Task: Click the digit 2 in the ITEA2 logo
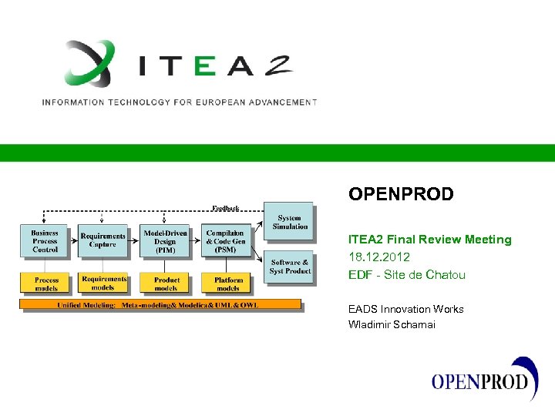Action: point(273,66)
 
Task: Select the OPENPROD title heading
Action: point(401,194)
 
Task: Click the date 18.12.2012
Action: point(379,257)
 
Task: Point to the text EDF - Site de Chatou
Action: point(406,274)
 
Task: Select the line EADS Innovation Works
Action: point(405,309)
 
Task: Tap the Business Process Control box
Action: point(45,241)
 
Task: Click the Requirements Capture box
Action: point(103,241)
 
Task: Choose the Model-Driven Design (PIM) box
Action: point(165,241)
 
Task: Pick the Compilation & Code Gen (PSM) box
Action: point(225,241)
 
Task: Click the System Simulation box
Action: point(289,222)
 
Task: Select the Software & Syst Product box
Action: point(290,267)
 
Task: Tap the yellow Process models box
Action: point(46,283)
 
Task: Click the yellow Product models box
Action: point(166,283)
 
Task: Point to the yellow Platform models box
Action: point(227,283)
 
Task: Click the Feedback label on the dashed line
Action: point(225,208)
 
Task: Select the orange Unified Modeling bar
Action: point(160,304)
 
